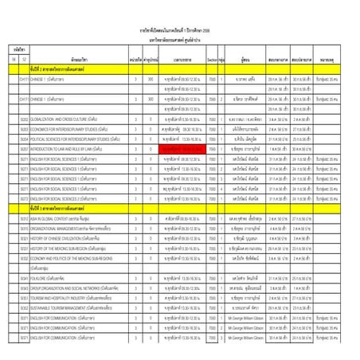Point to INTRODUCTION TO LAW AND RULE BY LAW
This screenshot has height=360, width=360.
(x=76, y=148)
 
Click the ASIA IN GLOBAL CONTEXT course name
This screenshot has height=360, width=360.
(x=72, y=217)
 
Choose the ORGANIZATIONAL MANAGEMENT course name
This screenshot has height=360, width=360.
(x=76, y=227)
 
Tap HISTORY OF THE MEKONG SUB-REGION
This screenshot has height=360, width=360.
(x=73, y=248)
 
